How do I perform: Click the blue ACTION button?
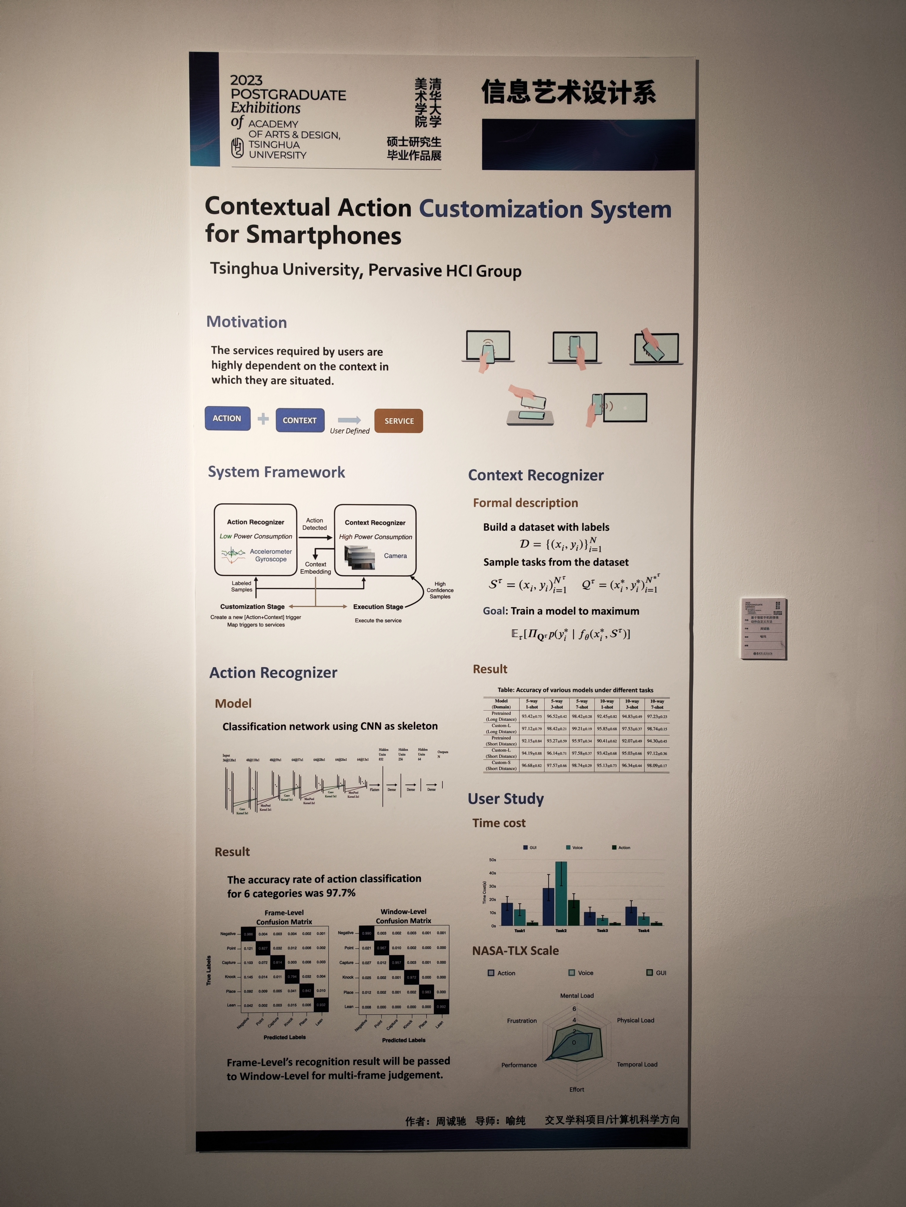[x=227, y=418]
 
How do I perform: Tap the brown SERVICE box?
[x=399, y=421]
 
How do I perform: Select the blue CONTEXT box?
[x=299, y=420]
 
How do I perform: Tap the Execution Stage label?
[x=378, y=607]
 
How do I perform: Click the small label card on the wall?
[x=764, y=629]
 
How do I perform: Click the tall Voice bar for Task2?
[x=561, y=893]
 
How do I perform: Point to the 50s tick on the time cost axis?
[x=493, y=860]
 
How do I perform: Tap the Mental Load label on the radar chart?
[x=577, y=995]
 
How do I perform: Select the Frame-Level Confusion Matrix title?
[x=284, y=917]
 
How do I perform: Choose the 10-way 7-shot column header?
[x=657, y=704]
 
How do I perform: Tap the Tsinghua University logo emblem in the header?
[x=237, y=147]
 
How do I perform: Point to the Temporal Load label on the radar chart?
[x=637, y=1064]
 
